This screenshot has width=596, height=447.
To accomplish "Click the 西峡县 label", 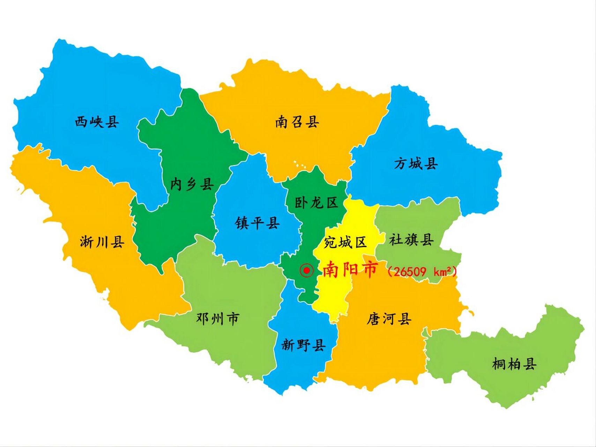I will [x=97, y=122].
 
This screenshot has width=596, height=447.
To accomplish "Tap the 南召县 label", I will [x=297, y=122].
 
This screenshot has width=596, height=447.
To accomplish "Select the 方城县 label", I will [x=416, y=163].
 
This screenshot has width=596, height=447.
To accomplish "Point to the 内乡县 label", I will [x=192, y=184].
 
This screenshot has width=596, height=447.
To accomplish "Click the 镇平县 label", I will [x=257, y=222].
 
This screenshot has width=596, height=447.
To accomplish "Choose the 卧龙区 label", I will [x=316, y=203].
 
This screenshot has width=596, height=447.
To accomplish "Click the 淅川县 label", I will [x=102, y=241].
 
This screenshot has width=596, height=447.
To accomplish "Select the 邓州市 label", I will [x=217, y=318].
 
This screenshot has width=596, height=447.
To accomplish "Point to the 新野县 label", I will [x=303, y=345].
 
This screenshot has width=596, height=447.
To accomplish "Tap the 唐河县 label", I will [x=389, y=318].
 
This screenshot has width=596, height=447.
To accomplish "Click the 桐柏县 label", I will [x=514, y=364].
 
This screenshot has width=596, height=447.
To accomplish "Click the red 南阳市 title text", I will [x=350, y=270].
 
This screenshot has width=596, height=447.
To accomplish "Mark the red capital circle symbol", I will [x=306, y=270].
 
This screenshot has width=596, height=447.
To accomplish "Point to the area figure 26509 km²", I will [x=422, y=271].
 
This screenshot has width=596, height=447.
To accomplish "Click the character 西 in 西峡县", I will [x=81, y=122].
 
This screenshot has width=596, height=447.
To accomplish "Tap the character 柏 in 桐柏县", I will [x=514, y=364].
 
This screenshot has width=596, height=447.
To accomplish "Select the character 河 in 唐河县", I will [x=389, y=318].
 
